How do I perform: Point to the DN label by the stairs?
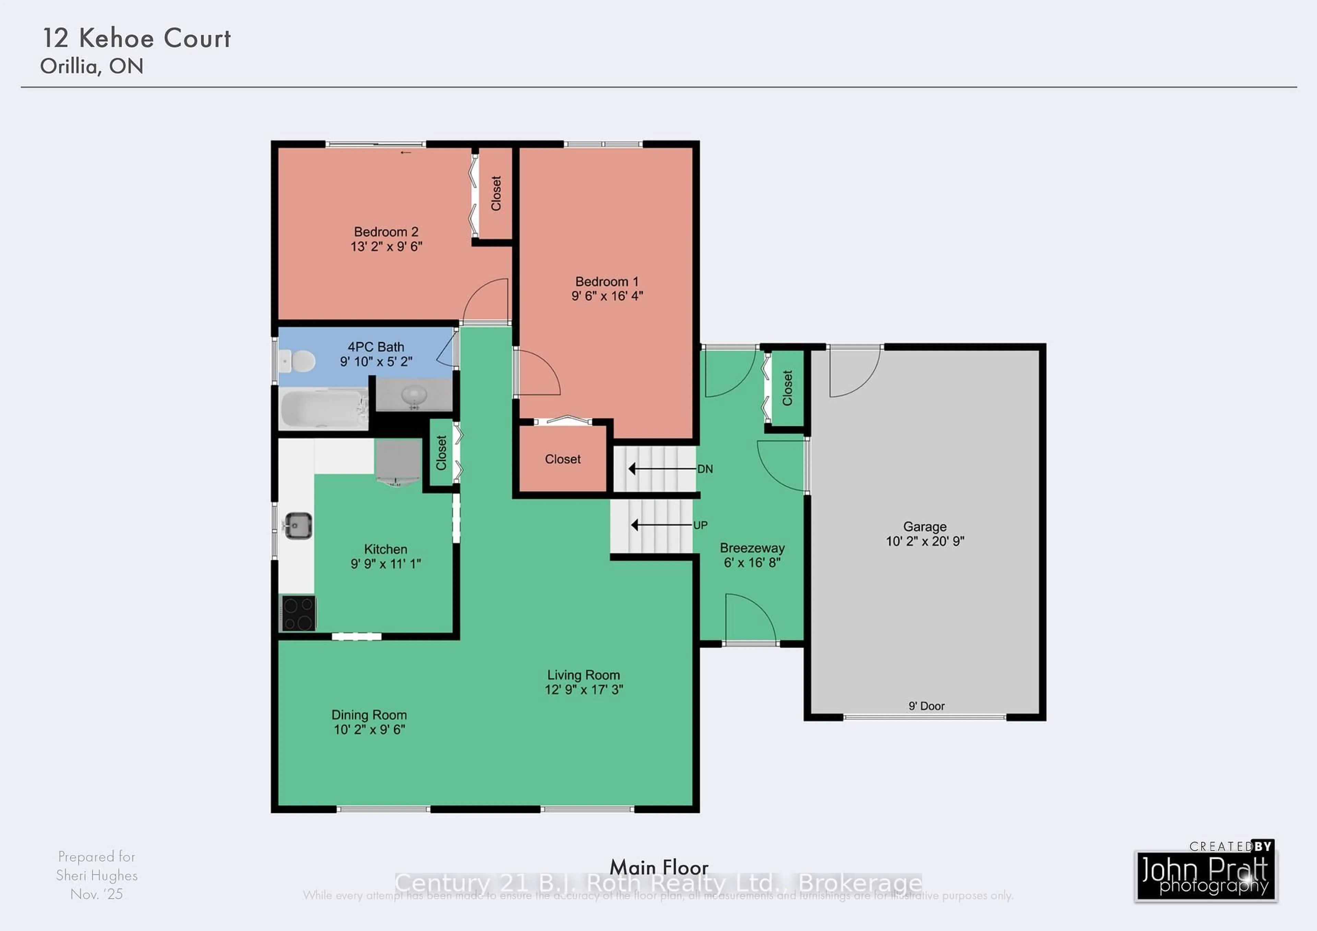click(x=705, y=469)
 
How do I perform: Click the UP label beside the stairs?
click(x=700, y=525)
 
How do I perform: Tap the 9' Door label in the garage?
click(x=926, y=706)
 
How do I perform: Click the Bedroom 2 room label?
click(x=386, y=232)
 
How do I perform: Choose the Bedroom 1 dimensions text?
click(x=607, y=296)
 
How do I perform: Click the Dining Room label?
click(x=369, y=715)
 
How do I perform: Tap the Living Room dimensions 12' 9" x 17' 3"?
click(x=583, y=690)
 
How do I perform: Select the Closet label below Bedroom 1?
click(x=563, y=459)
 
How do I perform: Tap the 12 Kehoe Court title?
click(x=137, y=38)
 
